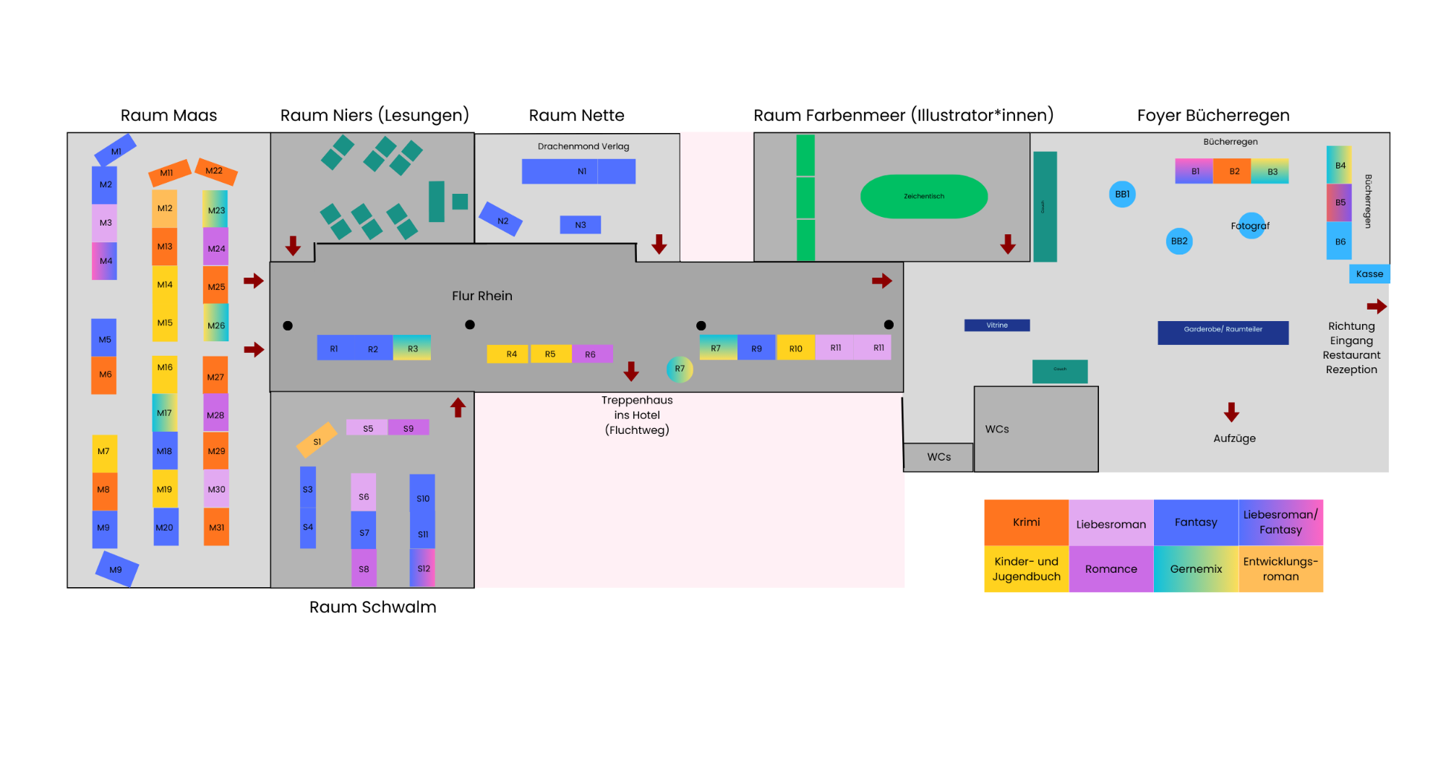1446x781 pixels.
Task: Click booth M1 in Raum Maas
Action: coord(116,150)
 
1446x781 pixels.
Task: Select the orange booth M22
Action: coord(215,171)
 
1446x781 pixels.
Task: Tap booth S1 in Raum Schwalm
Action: coord(317,440)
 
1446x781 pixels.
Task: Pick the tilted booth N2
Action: coord(501,219)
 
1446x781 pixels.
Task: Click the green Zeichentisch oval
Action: coord(923,196)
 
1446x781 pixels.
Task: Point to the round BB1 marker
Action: coord(1122,194)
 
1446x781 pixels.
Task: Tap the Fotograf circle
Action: coord(1251,226)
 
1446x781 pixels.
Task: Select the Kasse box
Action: coord(1369,273)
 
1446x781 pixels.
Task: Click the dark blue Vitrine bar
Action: coord(996,325)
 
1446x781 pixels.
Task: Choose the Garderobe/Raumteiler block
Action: coord(1223,332)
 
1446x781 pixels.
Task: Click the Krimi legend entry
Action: coord(1026,522)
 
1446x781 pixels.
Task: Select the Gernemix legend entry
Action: coord(1196,569)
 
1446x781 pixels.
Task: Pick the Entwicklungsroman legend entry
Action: coord(1280,569)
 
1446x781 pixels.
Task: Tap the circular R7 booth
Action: coord(680,369)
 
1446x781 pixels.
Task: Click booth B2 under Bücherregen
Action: coord(1233,171)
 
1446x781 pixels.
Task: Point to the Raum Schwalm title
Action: coord(372,607)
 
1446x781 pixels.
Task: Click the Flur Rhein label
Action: coord(482,296)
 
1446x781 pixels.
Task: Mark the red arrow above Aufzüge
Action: coord(1231,412)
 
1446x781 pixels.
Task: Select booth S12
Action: coord(423,568)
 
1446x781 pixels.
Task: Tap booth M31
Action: coord(216,527)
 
